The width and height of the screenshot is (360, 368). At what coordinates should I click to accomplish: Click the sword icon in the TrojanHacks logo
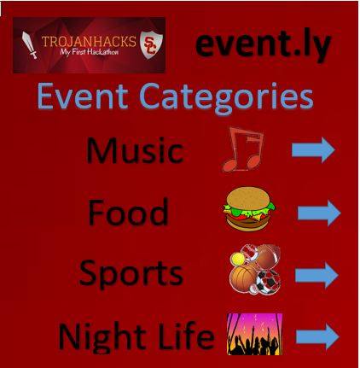(x=30, y=45)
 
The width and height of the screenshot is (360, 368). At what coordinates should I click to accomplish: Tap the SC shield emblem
(x=152, y=44)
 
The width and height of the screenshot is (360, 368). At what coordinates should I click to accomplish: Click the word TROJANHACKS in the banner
(x=89, y=42)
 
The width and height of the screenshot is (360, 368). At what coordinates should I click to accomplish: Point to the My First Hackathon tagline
(x=89, y=52)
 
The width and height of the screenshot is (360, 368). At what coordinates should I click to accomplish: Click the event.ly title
(x=263, y=45)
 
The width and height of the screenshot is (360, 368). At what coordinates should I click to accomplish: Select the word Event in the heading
(x=83, y=96)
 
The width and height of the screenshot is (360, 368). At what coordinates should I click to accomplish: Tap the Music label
(x=135, y=150)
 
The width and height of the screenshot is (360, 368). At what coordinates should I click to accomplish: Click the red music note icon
(x=242, y=149)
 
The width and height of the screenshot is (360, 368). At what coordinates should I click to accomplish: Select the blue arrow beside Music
(x=313, y=150)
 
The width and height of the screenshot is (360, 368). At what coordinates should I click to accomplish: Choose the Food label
(x=128, y=212)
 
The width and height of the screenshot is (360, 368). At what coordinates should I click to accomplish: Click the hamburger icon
(x=249, y=208)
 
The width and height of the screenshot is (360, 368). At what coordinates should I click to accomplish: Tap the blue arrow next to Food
(x=319, y=213)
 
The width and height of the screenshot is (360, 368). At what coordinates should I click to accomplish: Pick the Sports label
(x=131, y=273)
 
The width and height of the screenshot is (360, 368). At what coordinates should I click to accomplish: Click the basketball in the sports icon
(x=241, y=278)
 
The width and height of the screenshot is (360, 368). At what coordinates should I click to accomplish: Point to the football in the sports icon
(x=267, y=256)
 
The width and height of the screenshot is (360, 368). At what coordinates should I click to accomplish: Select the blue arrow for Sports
(x=316, y=276)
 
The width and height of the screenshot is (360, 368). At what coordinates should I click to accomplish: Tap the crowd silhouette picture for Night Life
(x=255, y=334)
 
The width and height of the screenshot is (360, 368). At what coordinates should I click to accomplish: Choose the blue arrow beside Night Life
(x=317, y=336)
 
